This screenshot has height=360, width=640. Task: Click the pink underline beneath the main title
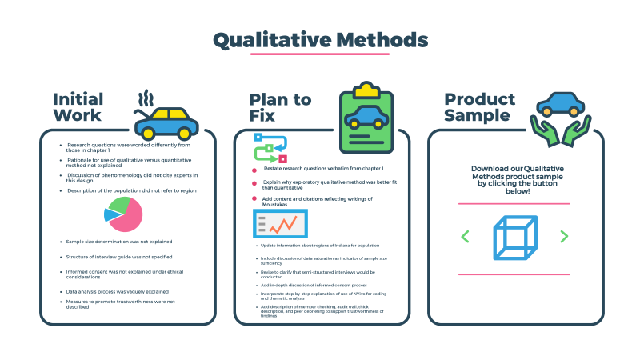(320, 54)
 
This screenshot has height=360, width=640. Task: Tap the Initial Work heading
(78, 106)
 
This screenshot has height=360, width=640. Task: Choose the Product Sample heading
(480, 106)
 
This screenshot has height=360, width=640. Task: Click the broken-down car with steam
(169, 122)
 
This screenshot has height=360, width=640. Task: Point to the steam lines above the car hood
(145, 99)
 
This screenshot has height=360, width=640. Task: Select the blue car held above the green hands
(559, 102)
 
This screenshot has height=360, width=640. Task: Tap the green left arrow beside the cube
(465, 237)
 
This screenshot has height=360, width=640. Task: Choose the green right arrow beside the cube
(564, 237)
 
